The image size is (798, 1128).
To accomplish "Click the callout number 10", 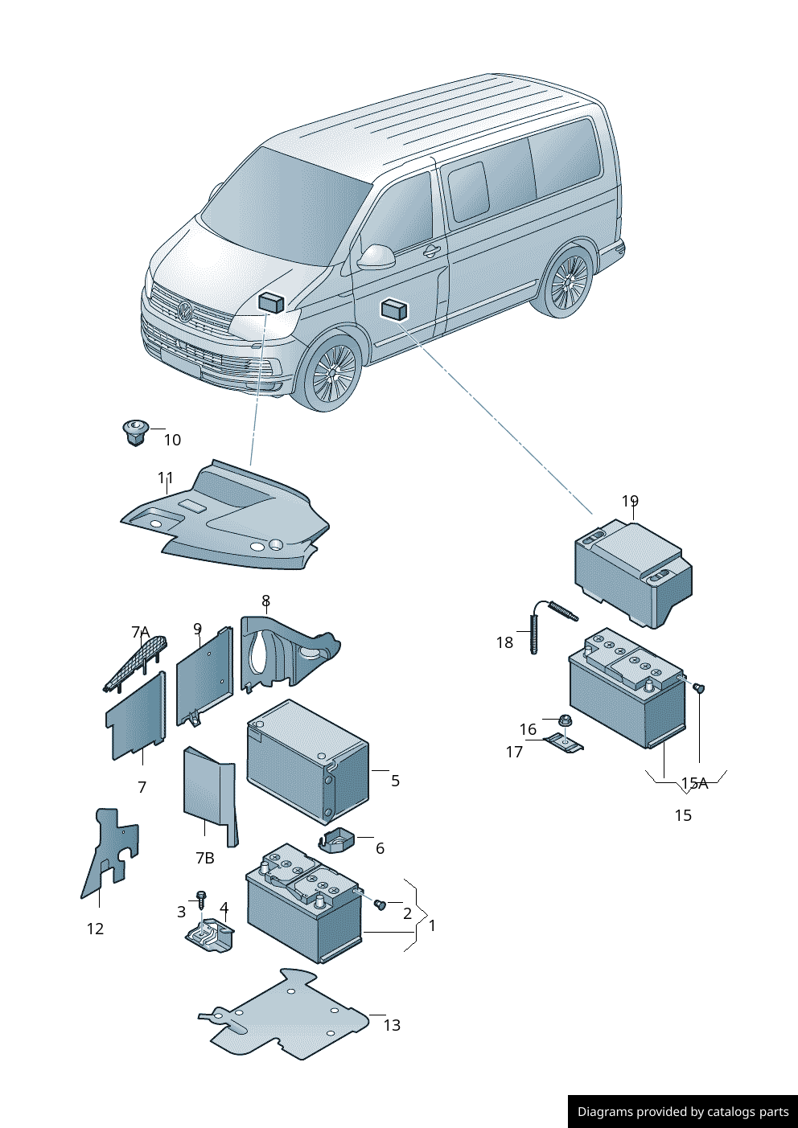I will click(172, 440).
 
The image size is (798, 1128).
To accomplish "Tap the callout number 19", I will click(630, 501).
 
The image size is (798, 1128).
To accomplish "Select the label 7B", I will click(205, 858).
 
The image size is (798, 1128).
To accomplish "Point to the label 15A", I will click(694, 783).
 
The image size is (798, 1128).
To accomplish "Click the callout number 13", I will click(392, 1025).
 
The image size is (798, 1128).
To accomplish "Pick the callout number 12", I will click(95, 929).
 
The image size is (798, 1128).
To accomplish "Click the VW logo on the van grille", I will click(185, 312).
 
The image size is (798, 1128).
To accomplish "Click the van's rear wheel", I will click(569, 282).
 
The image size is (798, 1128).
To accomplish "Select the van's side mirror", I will click(376, 256).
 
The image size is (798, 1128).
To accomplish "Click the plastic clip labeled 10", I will click(134, 432).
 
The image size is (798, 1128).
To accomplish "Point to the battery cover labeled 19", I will click(633, 571).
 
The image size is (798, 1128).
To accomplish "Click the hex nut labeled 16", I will click(565, 720).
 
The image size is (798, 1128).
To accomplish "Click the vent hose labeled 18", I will click(536, 627).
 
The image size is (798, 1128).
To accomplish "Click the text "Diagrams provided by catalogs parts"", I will click(683, 1112).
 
